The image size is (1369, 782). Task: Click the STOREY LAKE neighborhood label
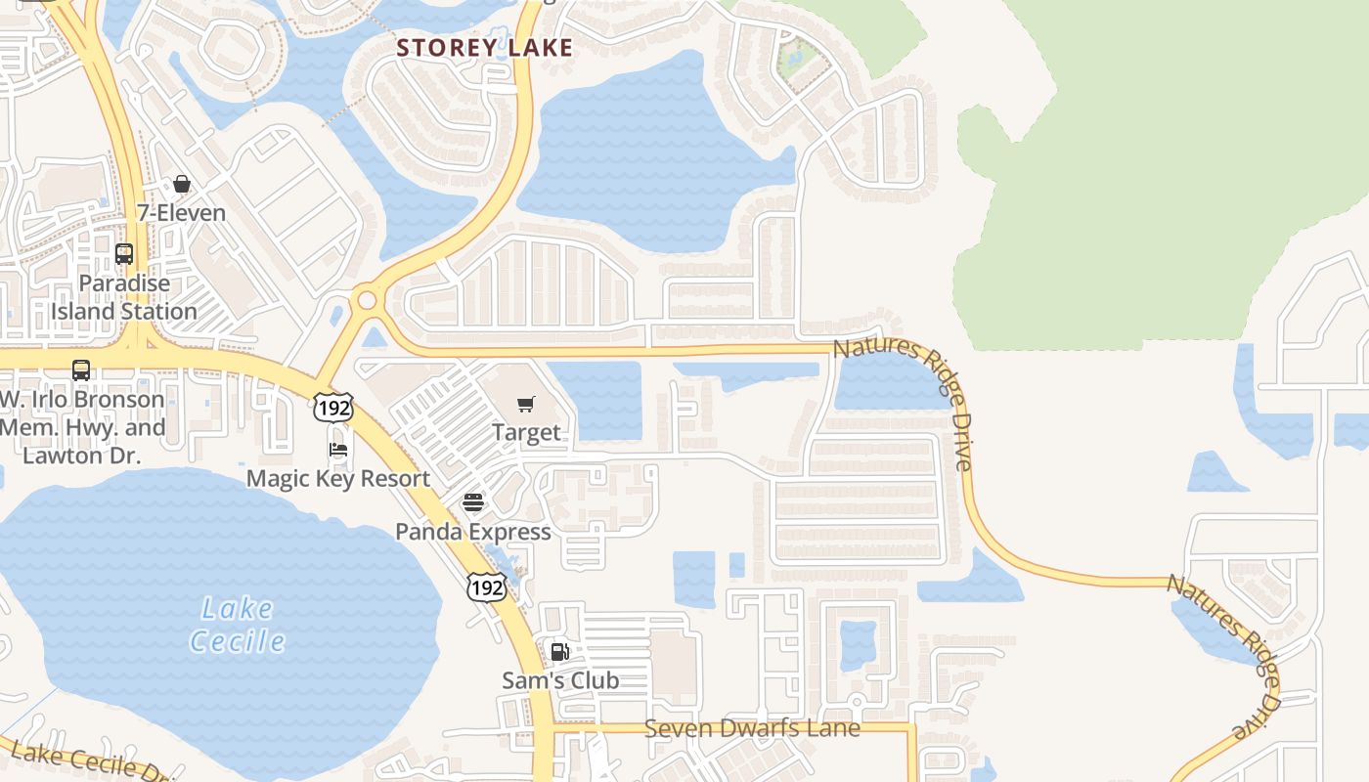484,47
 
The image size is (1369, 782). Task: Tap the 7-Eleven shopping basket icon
182,184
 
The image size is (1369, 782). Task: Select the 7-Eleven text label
182,212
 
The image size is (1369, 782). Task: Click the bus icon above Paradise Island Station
124,254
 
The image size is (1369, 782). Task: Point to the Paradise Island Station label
124,297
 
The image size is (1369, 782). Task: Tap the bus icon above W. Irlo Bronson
81,370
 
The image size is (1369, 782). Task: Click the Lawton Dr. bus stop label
82,427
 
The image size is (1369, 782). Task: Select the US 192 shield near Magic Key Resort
333,408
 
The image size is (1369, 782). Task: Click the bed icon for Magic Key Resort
338,450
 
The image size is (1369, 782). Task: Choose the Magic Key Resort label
338,478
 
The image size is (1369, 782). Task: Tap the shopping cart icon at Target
526,404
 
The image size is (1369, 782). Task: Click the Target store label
526,432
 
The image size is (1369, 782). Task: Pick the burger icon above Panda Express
473,502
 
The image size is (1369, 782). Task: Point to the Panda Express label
473,532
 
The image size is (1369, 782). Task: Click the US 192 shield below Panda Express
486,586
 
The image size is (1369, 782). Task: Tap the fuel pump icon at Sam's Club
560,652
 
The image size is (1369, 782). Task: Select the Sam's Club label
560,680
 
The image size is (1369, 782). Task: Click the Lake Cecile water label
238,625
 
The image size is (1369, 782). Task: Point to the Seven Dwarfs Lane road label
752,728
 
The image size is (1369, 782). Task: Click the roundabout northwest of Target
368,300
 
